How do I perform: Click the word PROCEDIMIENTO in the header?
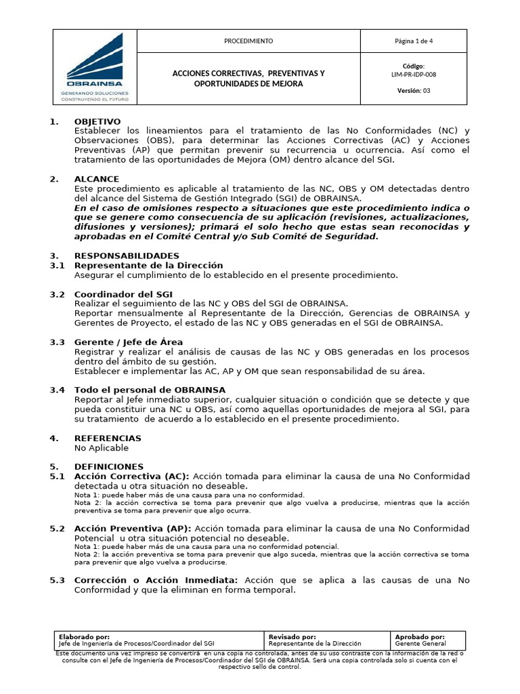[x=248, y=41]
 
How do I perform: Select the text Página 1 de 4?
[x=414, y=41]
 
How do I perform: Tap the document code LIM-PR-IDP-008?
[x=413, y=75]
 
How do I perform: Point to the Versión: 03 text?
[x=413, y=91]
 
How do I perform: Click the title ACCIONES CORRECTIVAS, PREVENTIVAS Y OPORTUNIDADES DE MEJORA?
[x=248, y=78]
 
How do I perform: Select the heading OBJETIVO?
[x=97, y=121]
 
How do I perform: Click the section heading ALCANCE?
[x=96, y=179]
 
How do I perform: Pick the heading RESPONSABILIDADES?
[x=127, y=256]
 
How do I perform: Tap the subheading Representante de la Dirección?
[x=148, y=265]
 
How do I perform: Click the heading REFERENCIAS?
[x=108, y=438]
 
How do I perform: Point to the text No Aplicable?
[x=101, y=448]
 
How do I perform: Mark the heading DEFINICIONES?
[x=108, y=467]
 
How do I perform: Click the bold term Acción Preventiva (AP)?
[x=133, y=528]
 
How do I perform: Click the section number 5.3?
[x=58, y=581]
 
